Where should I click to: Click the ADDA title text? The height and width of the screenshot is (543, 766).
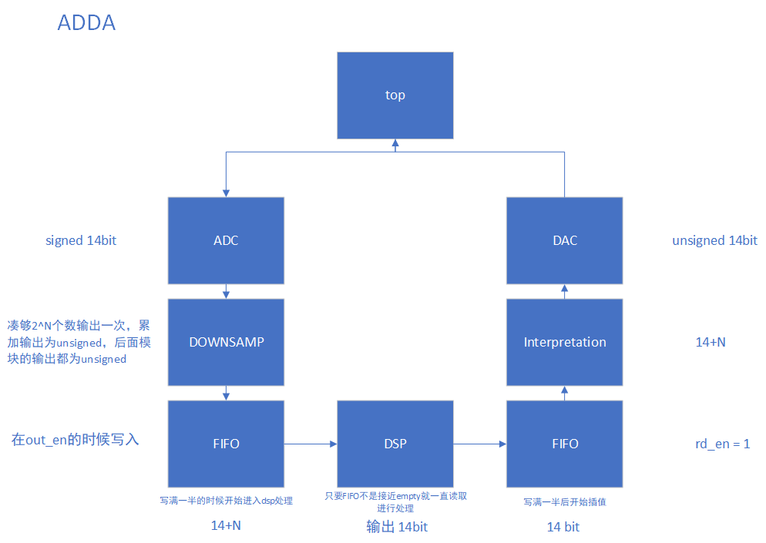(86, 23)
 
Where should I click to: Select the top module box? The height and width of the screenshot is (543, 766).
(395, 96)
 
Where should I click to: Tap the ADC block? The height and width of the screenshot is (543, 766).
(226, 240)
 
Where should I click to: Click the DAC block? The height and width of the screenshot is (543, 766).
(564, 240)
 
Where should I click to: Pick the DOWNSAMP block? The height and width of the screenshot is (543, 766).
(226, 342)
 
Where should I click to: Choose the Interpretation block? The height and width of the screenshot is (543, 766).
(564, 342)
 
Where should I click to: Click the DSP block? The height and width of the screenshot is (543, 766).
(395, 444)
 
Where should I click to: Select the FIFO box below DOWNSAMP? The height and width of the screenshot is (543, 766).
(226, 444)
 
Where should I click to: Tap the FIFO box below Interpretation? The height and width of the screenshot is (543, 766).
(564, 444)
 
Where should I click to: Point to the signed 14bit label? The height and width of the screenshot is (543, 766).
(81, 240)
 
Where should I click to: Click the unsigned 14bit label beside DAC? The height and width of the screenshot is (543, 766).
(714, 240)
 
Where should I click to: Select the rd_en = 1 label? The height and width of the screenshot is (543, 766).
(722, 444)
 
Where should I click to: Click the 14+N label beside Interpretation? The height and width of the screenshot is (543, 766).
(710, 342)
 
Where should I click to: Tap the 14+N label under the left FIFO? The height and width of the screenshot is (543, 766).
(226, 527)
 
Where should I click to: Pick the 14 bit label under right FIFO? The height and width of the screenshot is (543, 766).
(563, 527)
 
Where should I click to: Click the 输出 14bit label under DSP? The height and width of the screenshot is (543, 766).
(396, 527)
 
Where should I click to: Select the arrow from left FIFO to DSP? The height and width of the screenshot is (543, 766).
(311, 444)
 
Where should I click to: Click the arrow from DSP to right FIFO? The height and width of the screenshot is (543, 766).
(479, 444)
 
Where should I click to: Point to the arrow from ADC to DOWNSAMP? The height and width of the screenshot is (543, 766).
(226, 291)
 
